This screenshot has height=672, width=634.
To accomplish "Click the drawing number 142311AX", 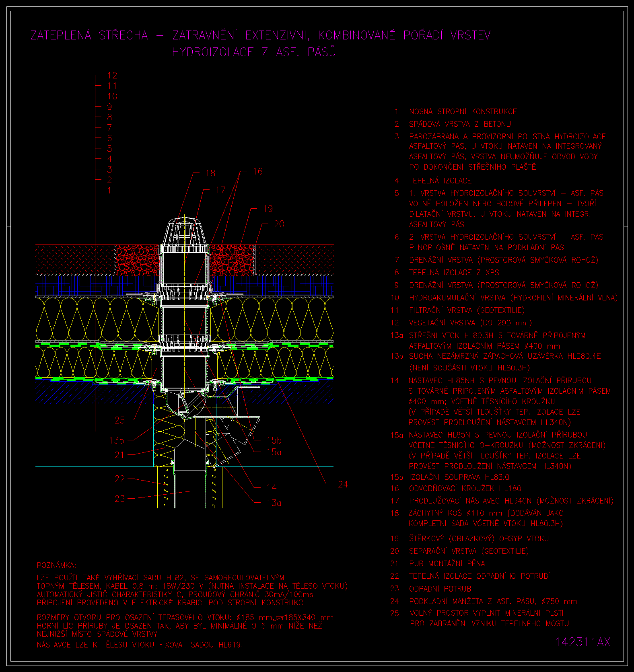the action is coord(583,642).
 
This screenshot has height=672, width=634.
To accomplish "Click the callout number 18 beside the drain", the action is coord(210,173).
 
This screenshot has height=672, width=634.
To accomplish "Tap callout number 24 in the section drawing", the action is coord(343,484).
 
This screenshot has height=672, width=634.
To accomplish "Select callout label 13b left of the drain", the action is coord(117,440).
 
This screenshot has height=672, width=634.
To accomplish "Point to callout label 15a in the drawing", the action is coord(274,452).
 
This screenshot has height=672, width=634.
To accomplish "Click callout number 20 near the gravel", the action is coord(279,224).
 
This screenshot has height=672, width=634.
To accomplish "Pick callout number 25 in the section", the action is coord(120,420).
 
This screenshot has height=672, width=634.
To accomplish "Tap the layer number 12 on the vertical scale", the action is coord(112,75).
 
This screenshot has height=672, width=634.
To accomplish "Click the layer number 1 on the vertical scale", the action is coord(109,190).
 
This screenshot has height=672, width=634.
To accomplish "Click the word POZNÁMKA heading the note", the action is coord(56,565).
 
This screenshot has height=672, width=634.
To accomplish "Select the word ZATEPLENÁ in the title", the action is coord(61,35).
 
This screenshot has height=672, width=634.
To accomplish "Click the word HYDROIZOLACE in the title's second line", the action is coord(213,52).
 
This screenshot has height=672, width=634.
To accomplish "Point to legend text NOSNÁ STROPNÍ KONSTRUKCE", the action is coord(463,111).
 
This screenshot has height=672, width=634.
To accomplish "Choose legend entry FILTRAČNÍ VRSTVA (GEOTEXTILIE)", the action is coord(467,310).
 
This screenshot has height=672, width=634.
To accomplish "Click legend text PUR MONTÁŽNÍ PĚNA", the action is coord(447,563).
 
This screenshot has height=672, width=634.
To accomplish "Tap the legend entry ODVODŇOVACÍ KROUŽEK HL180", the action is coord(465,488).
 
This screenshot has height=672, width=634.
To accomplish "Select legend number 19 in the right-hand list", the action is coord(395,538).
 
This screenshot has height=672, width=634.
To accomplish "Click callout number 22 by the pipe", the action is coord(120,479).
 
